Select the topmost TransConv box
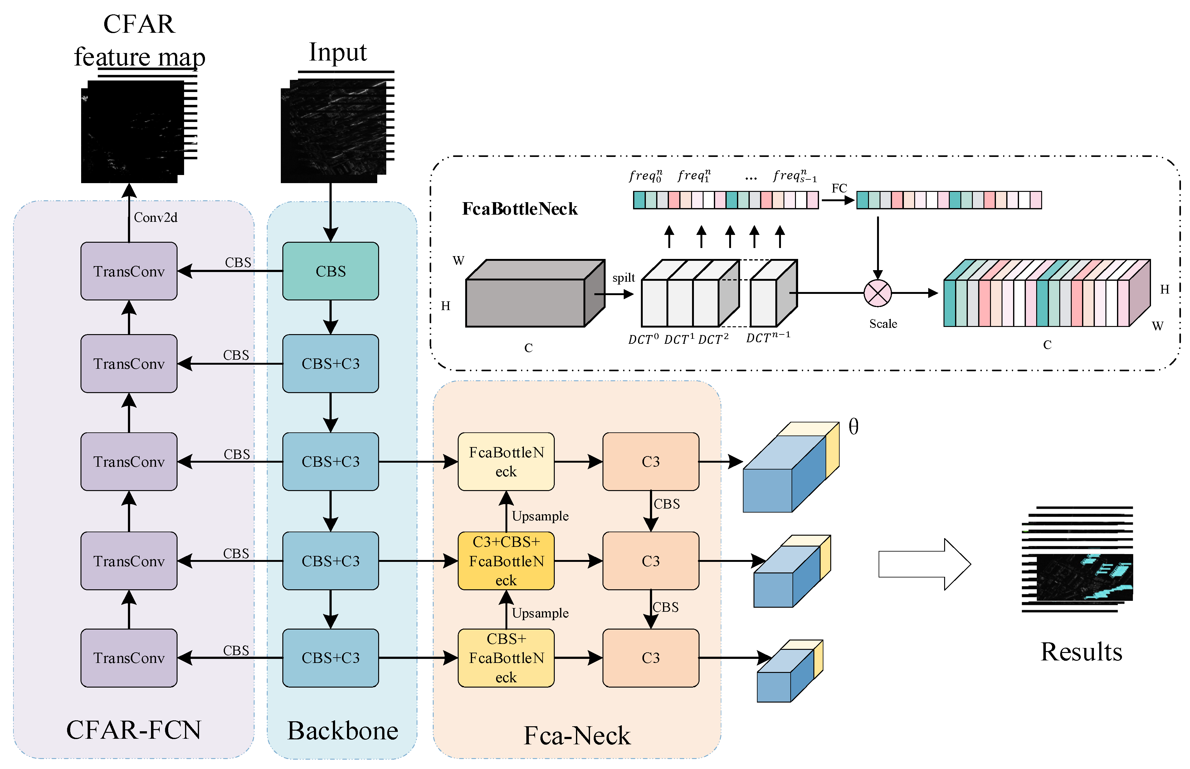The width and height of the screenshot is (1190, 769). tap(129, 271)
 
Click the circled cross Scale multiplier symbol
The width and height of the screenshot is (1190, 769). tap(877, 293)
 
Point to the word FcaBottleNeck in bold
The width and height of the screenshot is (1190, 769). tap(519, 209)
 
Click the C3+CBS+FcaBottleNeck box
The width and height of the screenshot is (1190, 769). tap(506, 561)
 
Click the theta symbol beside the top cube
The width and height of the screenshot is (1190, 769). tap(853, 427)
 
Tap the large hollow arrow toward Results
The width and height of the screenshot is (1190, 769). tap(924, 564)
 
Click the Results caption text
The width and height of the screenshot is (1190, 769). tap(1081, 652)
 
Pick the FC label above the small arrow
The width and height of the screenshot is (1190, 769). tap(839, 188)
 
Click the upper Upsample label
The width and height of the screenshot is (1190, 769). tap(540, 516)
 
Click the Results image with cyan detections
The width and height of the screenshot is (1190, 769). tap(1084, 577)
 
